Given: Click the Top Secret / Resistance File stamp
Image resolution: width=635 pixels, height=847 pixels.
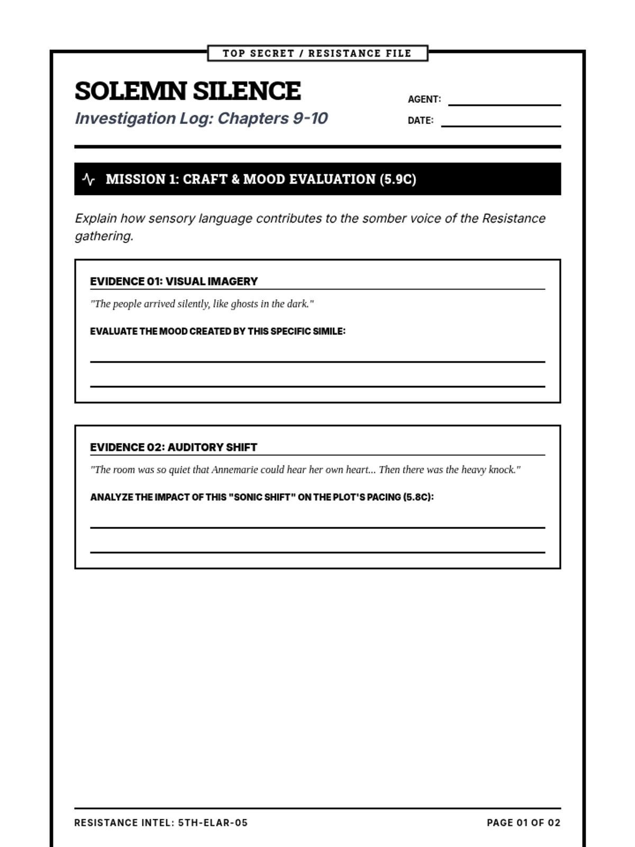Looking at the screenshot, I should [317, 53].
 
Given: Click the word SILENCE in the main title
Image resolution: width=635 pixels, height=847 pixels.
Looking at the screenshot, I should [247, 91].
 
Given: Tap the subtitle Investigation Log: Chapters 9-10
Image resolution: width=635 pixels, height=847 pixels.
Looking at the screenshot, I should [201, 118].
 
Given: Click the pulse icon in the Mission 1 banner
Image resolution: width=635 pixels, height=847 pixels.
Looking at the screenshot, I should [89, 179].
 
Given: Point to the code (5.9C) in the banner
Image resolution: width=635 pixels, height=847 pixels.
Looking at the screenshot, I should [398, 179].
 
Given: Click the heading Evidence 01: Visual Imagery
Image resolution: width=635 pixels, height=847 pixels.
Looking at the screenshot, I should [174, 282].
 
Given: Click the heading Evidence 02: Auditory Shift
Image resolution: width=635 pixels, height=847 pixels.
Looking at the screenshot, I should [174, 447].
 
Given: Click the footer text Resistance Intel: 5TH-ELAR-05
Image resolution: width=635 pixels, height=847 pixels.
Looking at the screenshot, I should [161, 823].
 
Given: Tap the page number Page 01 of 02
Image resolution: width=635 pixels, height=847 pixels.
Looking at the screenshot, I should [523, 823].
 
